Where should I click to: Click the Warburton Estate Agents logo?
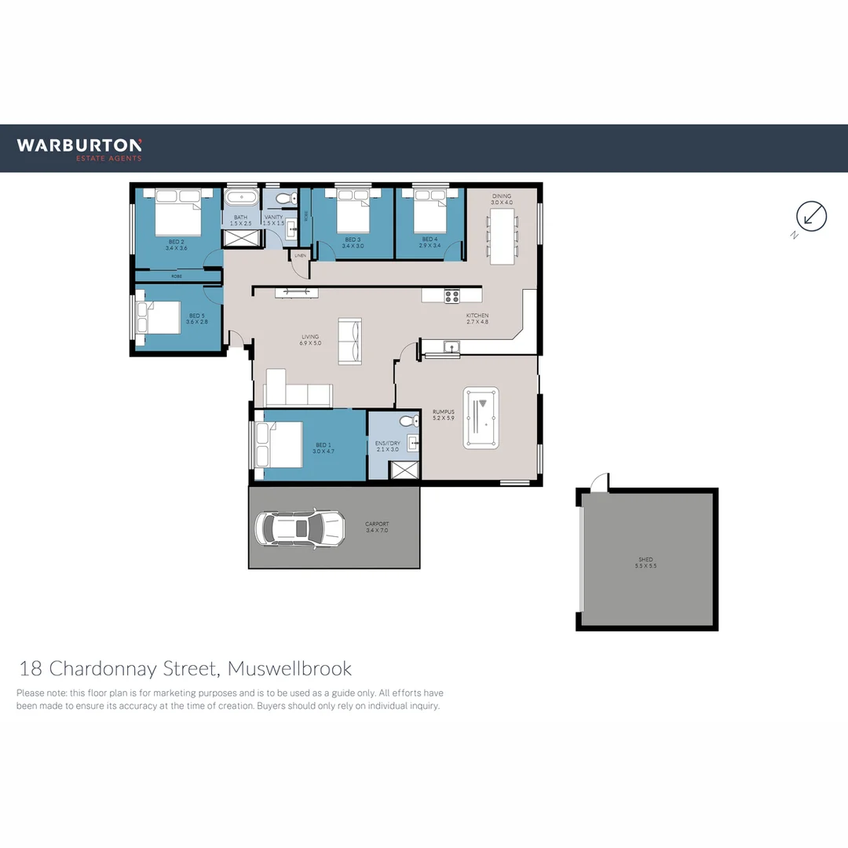[x=79, y=148]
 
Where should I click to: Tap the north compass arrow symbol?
[x=811, y=216]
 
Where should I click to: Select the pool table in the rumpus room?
[x=481, y=418]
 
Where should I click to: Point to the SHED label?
[x=645, y=560]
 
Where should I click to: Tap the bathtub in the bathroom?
[x=241, y=197]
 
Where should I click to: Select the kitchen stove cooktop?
[x=451, y=296]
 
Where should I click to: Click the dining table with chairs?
[x=502, y=235]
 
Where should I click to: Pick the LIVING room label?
[x=311, y=337]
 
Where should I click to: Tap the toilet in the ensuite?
[x=408, y=422]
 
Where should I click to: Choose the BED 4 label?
[x=429, y=239]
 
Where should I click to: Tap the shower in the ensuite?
[x=405, y=470]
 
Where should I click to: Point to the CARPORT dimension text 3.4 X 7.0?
[x=377, y=531]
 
